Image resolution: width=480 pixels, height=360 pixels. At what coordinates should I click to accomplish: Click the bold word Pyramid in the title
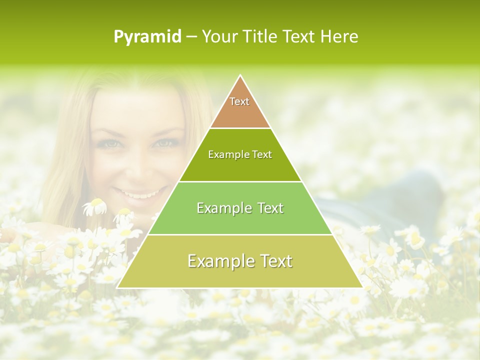(x=147, y=37)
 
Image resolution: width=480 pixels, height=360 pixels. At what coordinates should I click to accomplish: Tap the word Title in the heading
(x=262, y=37)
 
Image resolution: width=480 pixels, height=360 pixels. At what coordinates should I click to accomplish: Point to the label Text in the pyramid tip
(x=239, y=101)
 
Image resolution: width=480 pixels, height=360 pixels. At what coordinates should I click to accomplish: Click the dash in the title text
(x=191, y=37)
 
